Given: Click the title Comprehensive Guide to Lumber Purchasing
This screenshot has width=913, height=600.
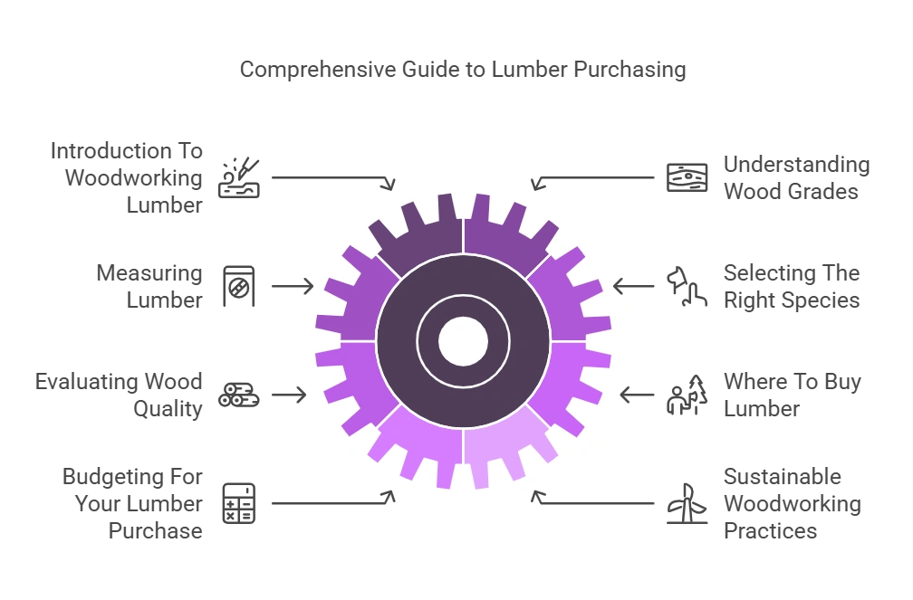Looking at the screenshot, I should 462,70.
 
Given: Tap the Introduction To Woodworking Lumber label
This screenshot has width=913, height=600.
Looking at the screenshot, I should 126,177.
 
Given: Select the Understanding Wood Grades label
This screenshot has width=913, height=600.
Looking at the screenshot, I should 796,177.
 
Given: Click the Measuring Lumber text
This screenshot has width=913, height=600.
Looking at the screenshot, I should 149,286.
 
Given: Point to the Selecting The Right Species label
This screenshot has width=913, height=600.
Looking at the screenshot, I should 791,286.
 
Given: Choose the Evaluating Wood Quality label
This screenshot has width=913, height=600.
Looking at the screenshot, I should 119,395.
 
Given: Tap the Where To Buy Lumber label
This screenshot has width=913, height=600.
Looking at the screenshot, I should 792,395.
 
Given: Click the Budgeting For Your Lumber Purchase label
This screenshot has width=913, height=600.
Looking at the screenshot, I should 132,503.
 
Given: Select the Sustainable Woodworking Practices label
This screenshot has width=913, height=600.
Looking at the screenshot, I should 792,503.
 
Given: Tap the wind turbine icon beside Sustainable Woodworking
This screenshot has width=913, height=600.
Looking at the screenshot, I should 687,503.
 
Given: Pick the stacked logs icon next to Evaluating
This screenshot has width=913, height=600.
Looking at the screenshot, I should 239,395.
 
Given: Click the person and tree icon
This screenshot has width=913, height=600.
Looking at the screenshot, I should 687,395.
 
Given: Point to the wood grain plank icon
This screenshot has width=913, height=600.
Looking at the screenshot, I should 687,177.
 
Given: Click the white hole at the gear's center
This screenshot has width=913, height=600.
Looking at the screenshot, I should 463,342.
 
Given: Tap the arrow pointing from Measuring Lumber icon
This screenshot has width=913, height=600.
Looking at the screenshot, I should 292,286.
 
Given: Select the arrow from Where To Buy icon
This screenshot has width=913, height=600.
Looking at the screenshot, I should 637,395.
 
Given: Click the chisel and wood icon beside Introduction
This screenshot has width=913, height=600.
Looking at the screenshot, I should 239,177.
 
